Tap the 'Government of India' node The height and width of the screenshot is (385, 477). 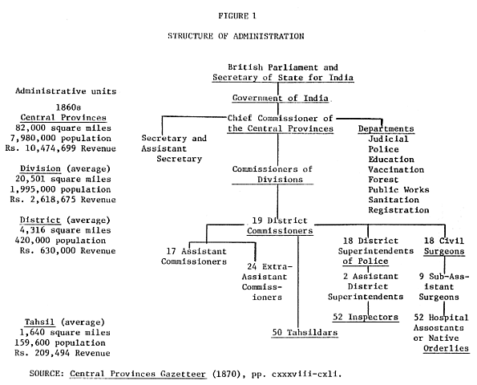pos(277,97)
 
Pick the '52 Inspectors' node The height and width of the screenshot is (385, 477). pos(367,317)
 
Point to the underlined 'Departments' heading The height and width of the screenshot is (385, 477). pos(386,128)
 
